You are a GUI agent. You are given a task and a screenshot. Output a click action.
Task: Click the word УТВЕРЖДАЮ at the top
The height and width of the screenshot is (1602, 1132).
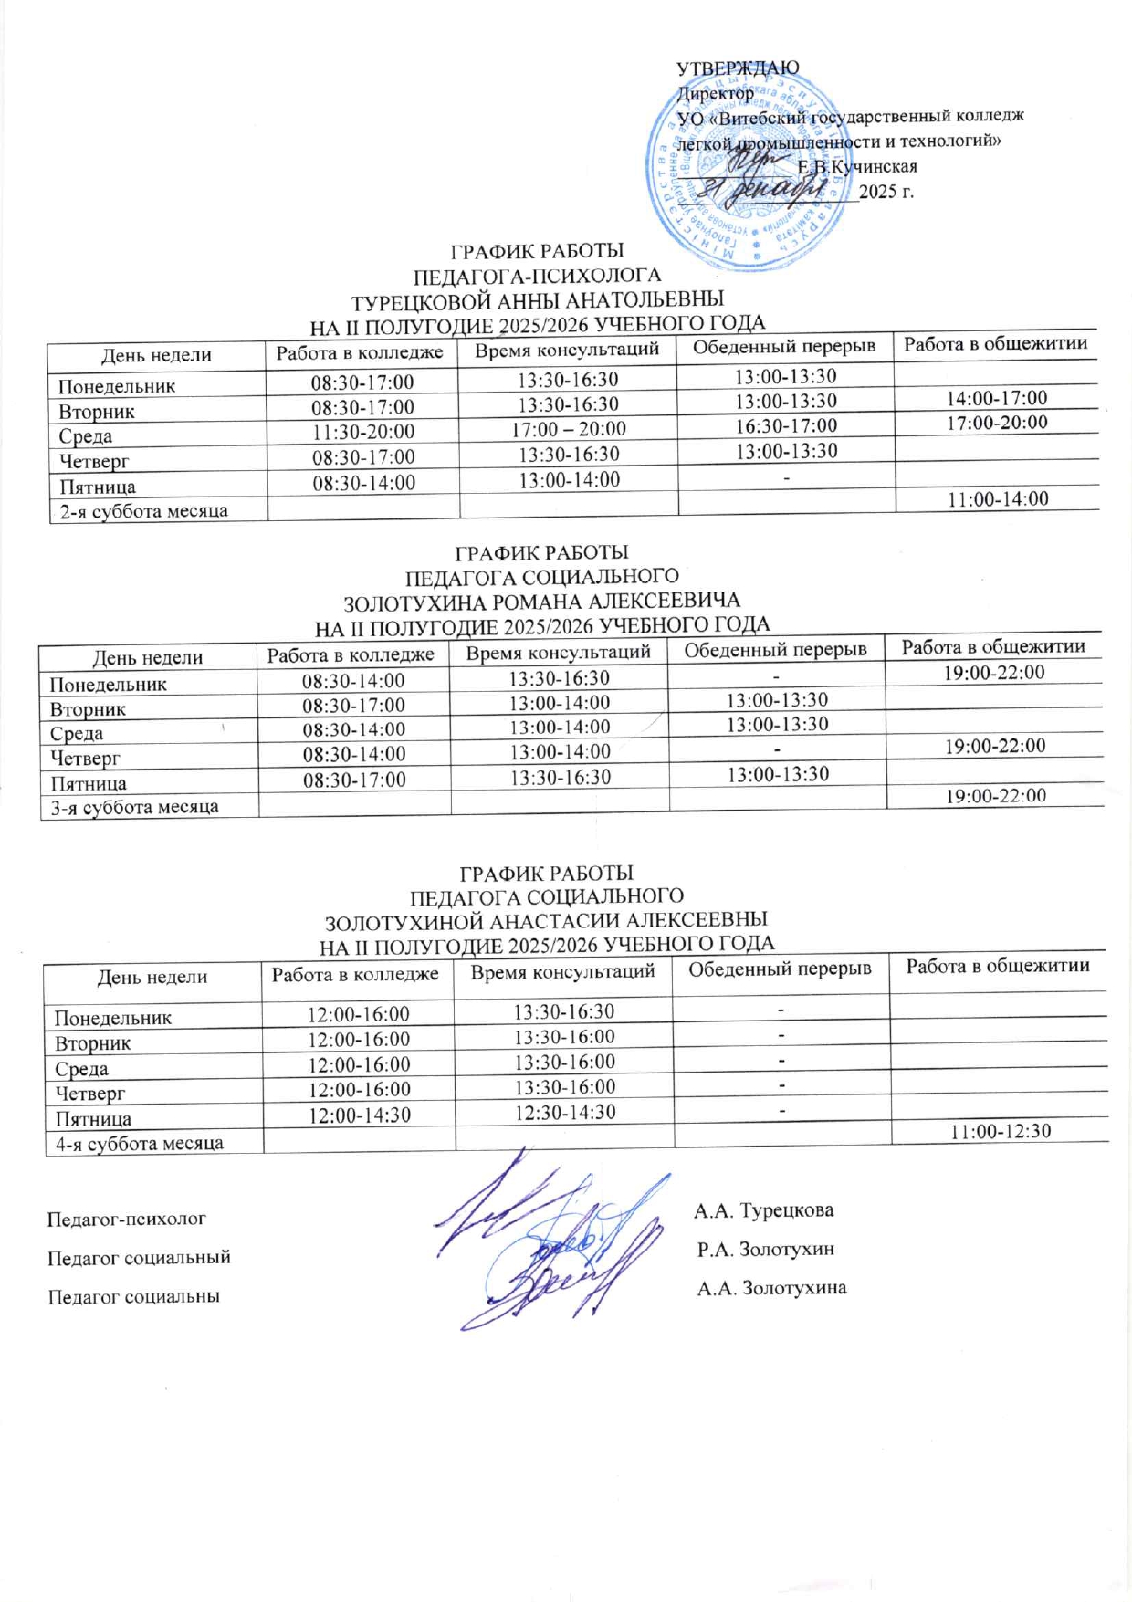[x=738, y=68]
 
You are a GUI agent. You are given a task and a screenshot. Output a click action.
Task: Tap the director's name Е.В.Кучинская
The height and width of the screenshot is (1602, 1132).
[x=857, y=167]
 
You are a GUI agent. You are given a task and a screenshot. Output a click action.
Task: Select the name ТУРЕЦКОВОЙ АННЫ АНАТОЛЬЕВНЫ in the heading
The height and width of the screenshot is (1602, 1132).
[x=538, y=300]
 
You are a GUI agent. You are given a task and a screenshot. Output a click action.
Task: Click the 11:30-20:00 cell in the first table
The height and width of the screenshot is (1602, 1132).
[x=363, y=432]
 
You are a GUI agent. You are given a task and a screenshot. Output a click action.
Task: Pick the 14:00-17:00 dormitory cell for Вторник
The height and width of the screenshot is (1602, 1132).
[x=997, y=398]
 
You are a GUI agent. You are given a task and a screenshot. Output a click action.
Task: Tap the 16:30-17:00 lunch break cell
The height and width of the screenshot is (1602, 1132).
[x=786, y=425]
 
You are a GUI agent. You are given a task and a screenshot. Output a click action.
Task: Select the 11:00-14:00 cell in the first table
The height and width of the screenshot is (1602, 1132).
[x=998, y=498]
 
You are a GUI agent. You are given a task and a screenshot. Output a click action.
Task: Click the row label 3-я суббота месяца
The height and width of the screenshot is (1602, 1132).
[x=135, y=807]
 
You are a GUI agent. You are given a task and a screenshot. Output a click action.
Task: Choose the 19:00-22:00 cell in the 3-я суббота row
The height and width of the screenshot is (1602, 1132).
[x=996, y=796]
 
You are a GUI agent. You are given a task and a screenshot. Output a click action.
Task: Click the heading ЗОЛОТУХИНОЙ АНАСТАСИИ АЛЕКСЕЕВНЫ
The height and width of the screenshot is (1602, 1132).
[x=546, y=919]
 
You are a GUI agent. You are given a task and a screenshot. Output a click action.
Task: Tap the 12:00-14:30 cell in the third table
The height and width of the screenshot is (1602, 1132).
[x=359, y=1115]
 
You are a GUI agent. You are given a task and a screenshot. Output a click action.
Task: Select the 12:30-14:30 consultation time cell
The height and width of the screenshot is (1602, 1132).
[x=564, y=1112]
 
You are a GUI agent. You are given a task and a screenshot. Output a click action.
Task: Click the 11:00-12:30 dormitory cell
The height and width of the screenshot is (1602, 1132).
[x=1001, y=1132]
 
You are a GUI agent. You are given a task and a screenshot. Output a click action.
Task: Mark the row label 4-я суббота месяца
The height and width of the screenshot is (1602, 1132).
[x=140, y=1143]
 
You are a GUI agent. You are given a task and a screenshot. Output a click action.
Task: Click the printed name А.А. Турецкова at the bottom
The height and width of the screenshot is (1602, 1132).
[x=763, y=1211]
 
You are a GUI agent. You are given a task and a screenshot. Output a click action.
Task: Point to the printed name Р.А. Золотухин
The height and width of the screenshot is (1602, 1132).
[x=766, y=1250]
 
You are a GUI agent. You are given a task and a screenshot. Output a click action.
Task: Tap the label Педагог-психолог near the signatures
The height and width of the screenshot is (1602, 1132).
[x=127, y=1219]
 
